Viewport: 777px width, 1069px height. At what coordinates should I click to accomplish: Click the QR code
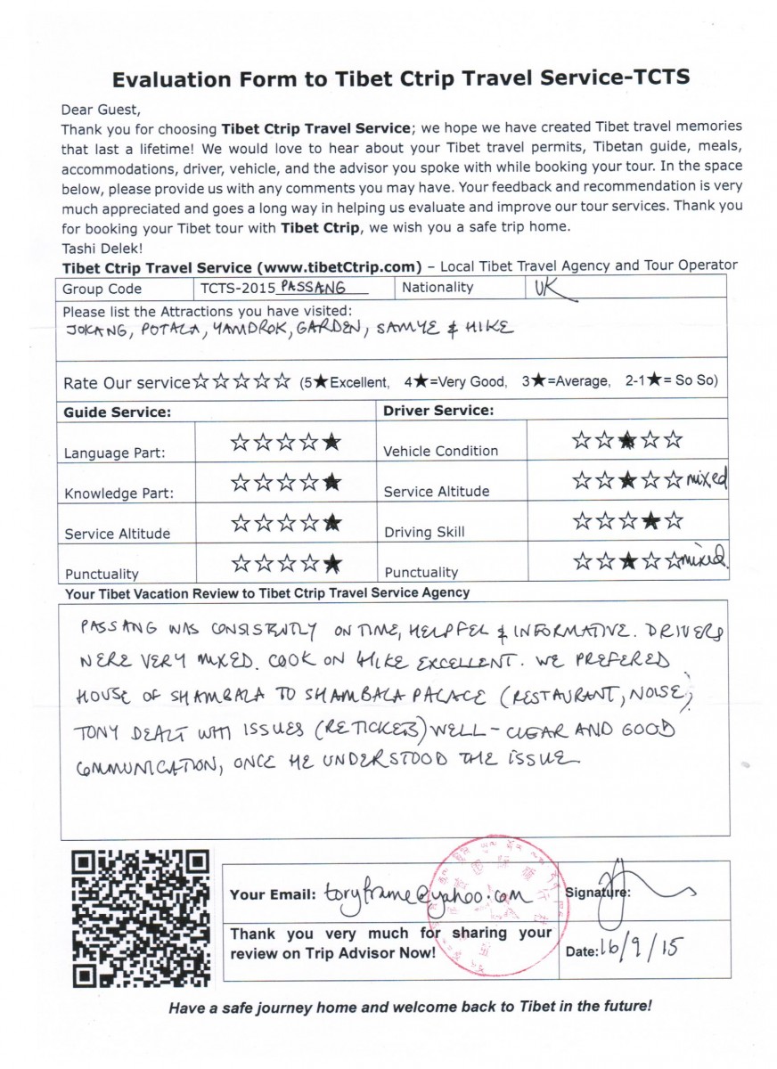point(142,918)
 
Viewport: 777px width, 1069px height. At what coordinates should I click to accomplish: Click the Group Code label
point(102,290)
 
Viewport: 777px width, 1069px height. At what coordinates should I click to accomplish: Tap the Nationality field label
point(438,288)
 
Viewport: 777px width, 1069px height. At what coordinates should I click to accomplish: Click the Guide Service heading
point(117,412)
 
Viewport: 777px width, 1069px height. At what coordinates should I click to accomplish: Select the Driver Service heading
point(438,412)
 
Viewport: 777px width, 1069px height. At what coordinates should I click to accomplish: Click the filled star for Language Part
point(331,442)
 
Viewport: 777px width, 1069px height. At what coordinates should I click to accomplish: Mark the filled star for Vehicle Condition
point(628,440)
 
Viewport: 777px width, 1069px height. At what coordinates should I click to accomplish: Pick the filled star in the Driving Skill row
point(651,522)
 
